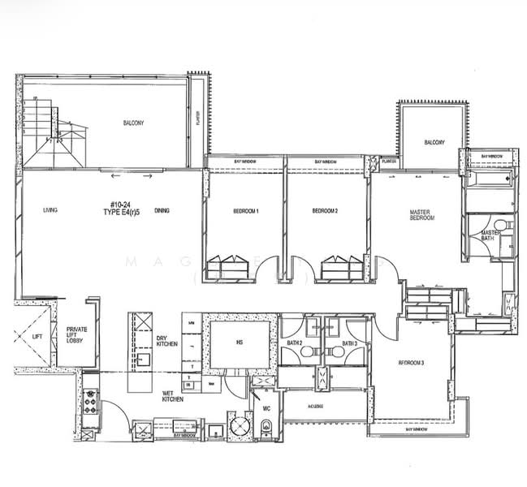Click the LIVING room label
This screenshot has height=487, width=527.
[50, 211]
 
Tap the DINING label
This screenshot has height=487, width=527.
[162, 211]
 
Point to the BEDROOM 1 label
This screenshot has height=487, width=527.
[245, 211]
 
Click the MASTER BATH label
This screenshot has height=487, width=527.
[491, 235]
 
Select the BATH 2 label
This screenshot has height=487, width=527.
[294, 344]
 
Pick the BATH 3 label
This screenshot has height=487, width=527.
[350, 344]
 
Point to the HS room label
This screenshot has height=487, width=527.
[240, 343]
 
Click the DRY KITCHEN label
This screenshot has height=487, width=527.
[167, 342]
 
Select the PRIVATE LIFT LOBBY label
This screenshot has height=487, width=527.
[77, 334]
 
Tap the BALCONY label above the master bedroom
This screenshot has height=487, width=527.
[434, 143]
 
